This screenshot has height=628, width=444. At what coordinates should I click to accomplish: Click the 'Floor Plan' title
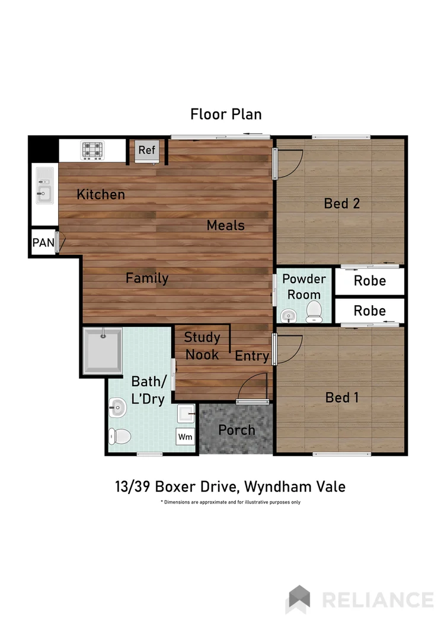(226, 114)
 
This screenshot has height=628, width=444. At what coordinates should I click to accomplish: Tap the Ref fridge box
(146, 150)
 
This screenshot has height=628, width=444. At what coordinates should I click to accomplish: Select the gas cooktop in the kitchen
(92, 150)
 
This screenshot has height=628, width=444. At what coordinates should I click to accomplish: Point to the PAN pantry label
(43, 242)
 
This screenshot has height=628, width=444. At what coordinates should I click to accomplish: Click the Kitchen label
(101, 194)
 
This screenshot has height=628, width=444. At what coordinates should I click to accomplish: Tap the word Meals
(225, 225)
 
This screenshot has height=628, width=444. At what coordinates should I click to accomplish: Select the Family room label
(147, 278)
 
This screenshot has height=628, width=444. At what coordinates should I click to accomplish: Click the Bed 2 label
(342, 203)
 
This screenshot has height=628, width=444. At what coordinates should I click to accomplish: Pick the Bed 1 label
(342, 398)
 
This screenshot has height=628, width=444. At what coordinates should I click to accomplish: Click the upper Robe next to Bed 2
(369, 281)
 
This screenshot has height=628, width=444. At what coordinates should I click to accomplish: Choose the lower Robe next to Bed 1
(369, 310)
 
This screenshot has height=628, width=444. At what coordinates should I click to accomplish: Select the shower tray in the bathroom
(103, 351)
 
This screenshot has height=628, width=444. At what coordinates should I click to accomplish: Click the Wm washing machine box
(186, 437)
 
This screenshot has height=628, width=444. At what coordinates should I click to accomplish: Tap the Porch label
(237, 430)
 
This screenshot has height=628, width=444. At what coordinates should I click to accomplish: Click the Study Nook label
(202, 346)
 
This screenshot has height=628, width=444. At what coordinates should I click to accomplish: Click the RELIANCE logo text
(377, 599)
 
